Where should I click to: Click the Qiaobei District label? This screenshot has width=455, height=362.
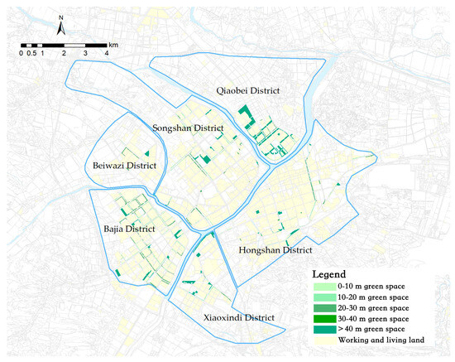(247, 90)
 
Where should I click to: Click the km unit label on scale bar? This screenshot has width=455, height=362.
(113, 41)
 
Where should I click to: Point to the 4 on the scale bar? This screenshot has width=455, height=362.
(106, 53)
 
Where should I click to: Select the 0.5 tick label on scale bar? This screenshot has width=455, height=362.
(31, 53)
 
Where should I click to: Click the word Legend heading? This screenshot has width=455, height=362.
(328, 273)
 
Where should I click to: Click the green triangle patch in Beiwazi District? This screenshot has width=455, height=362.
(146, 153)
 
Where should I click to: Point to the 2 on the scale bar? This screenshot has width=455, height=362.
(64, 53)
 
